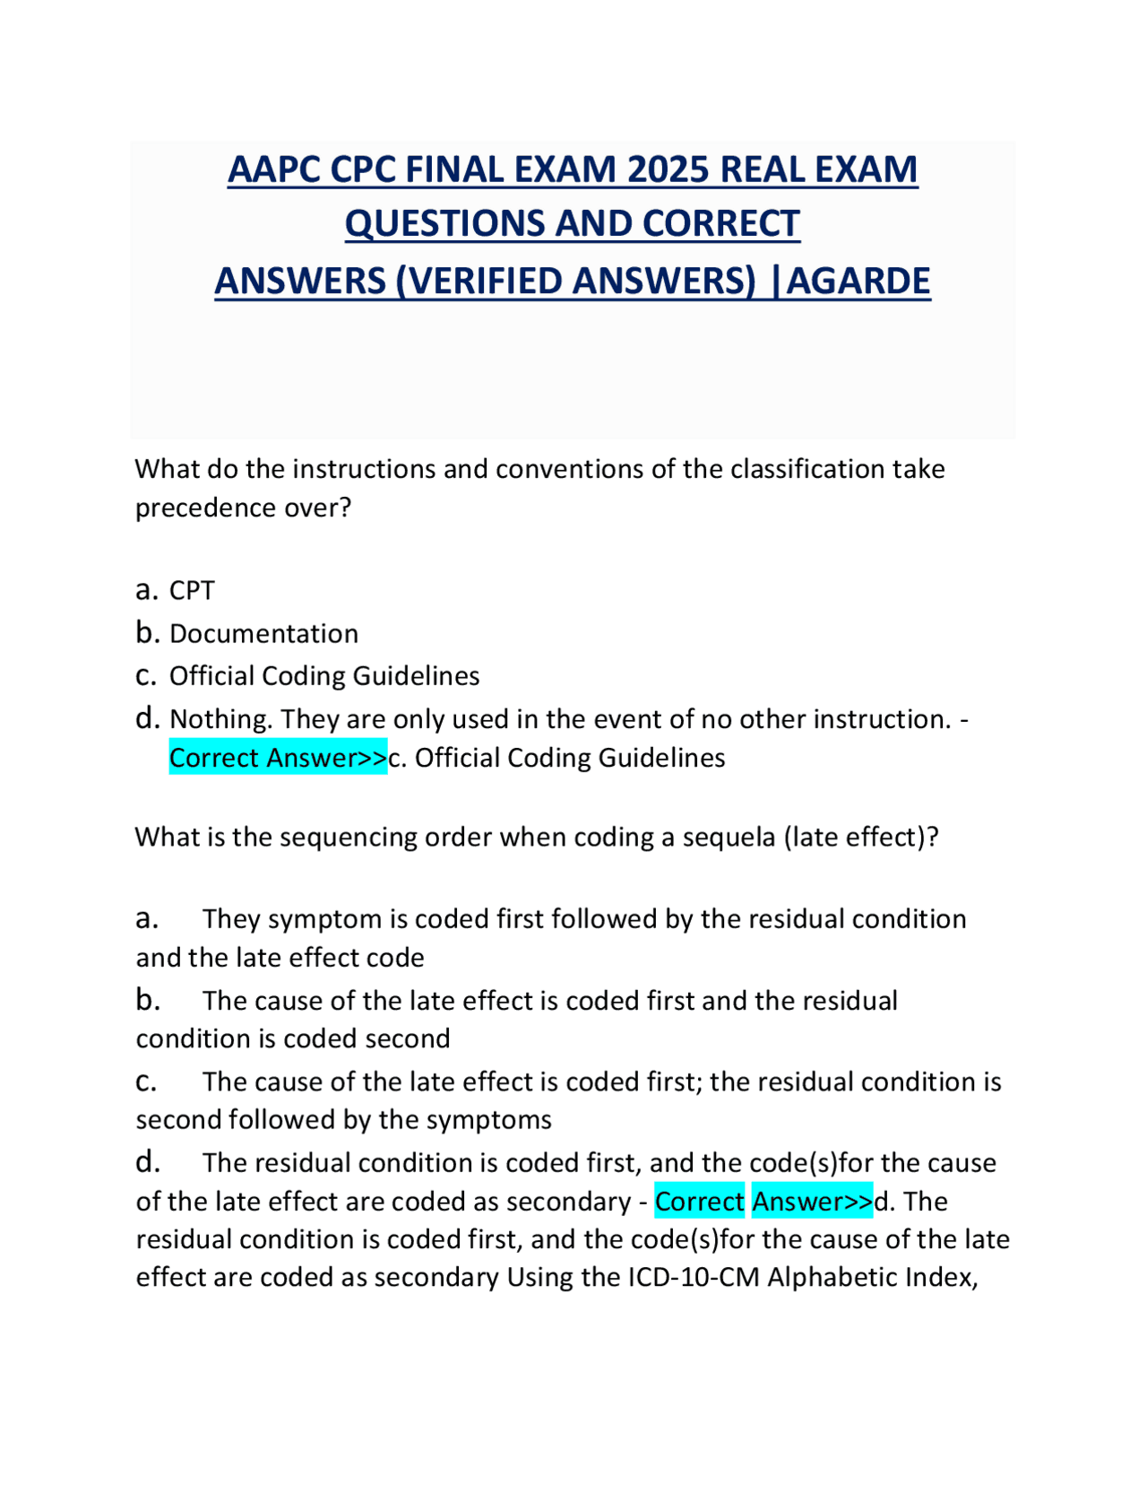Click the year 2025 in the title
[x=666, y=169]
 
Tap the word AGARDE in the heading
[x=858, y=281]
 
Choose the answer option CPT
[x=192, y=591]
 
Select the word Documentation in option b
[x=263, y=634]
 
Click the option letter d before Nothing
[x=147, y=718]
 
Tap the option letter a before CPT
[x=147, y=591]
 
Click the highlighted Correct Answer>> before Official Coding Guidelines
[x=278, y=758]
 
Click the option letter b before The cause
[x=147, y=1000]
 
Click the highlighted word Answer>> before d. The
[x=812, y=1202]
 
